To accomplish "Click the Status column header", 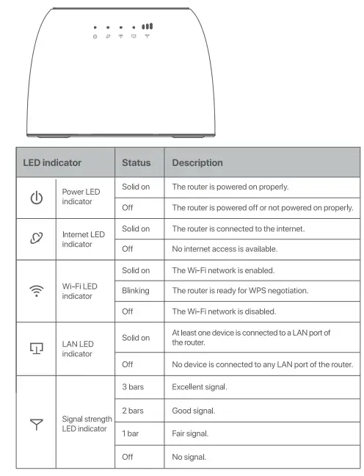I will (x=136, y=162).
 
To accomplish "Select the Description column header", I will (x=197, y=162).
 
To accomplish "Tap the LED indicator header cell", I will (x=52, y=162).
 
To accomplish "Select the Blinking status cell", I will (x=136, y=291).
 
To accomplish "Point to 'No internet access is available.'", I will (x=225, y=249).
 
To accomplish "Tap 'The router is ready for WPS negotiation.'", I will (x=240, y=291).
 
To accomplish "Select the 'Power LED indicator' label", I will (x=81, y=197).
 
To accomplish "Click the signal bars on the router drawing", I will (x=148, y=26).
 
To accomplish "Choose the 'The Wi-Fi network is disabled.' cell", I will (x=222, y=311).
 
